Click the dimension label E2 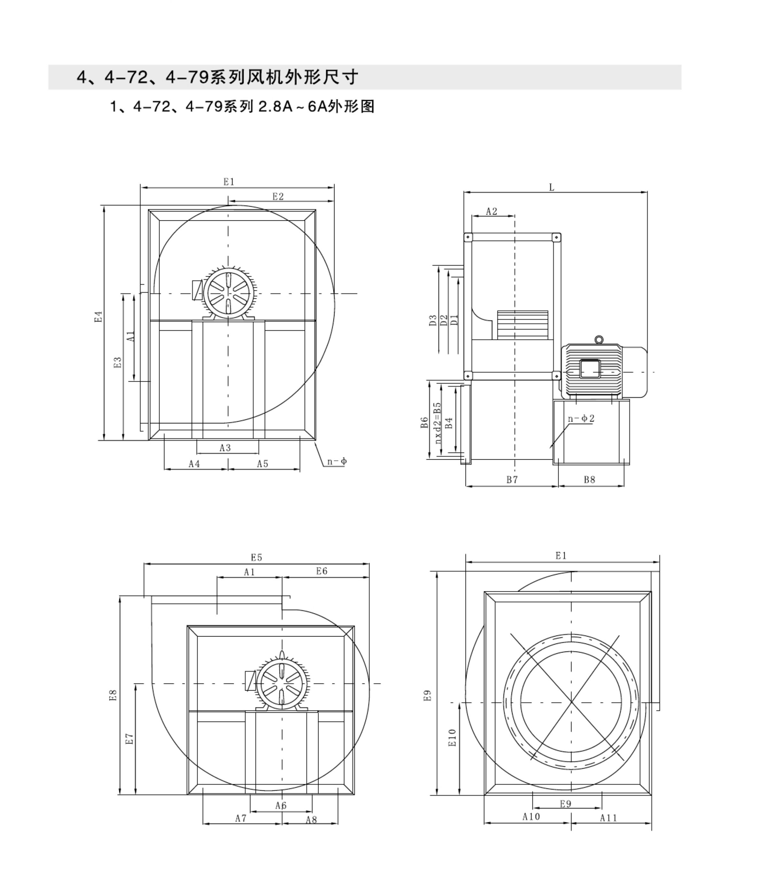click(x=278, y=197)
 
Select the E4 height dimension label click(x=99, y=317)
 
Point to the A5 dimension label click(x=263, y=464)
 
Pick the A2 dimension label click(x=492, y=211)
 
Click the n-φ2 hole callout click(x=581, y=418)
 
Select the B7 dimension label click(x=512, y=480)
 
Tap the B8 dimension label click(x=590, y=480)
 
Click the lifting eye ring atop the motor click(x=599, y=340)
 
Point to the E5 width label click(x=257, y=558)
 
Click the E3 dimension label click(x=118, y=362)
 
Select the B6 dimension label click(x=425, y=423)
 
